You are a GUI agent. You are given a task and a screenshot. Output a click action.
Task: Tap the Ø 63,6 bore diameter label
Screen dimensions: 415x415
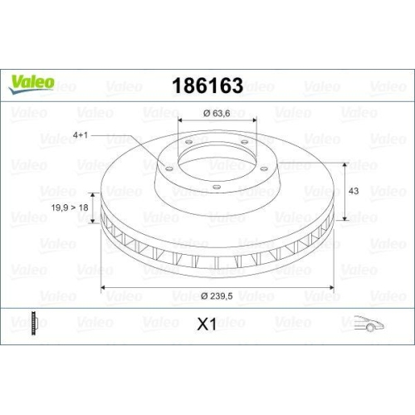[x=217, y=113]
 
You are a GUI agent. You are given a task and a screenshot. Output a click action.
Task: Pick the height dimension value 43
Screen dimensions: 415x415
[x=352, y=191]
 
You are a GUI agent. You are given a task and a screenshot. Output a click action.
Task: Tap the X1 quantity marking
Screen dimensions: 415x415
[x=207, y=325]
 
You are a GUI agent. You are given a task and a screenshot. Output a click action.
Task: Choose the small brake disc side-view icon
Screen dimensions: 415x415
[x=33, y=323]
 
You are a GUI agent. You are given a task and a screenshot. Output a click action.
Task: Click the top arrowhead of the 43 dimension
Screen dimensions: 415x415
[x=340, y=164]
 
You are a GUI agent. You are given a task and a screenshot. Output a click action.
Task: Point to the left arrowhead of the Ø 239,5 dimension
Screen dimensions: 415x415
[x=104, y=289]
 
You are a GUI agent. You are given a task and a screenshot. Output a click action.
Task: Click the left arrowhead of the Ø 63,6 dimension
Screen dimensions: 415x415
[x=180, y=123]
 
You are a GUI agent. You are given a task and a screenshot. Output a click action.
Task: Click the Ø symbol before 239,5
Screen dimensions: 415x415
[x=204, y=297]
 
